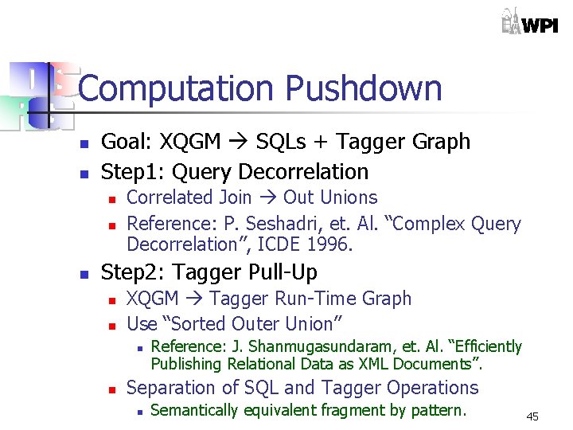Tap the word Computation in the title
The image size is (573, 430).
(170, 88)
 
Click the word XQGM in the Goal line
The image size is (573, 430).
(191, 142)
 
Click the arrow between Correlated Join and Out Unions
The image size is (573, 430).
(267, 197)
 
